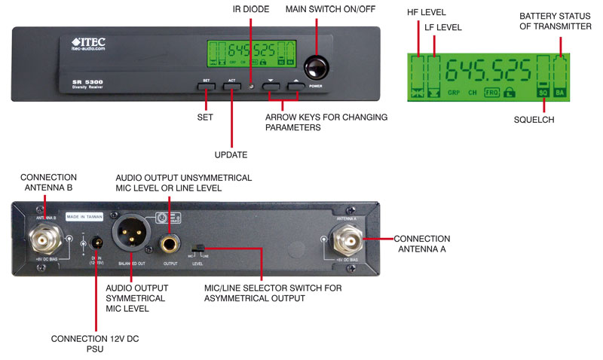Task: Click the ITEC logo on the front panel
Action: (88, 42)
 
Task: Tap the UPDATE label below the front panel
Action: (231, 154)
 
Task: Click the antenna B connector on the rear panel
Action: (44, 240)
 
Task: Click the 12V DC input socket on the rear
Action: (96, 243)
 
